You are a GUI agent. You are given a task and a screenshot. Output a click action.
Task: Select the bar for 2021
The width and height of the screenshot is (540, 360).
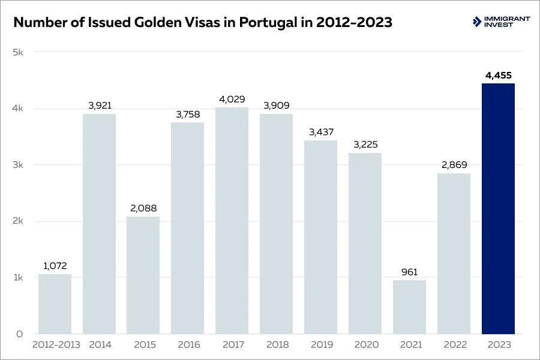[x=409, y=307]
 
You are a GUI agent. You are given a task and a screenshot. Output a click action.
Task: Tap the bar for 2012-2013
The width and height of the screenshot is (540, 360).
[x=55, y=304]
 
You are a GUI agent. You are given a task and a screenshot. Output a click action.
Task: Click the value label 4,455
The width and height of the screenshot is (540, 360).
[x=498, y=76]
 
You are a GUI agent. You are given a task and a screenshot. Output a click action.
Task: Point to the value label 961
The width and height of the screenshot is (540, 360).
[x=409, y=272]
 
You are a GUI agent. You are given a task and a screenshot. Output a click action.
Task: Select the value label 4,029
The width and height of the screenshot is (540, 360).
[x=232, y=99]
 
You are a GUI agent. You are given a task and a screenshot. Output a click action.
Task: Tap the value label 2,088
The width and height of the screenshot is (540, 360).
[x=143, y=209]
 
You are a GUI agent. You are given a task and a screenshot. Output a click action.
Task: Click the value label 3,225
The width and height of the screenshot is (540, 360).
[x=365, y=145]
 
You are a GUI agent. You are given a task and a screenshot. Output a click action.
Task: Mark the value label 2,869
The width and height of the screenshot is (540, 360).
[x=454, y=165]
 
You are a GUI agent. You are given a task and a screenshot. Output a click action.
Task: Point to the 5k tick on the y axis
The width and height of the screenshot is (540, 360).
[x=17, y=52]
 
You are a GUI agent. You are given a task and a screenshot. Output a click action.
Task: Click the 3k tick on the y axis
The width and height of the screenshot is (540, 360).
[x=17, y=165]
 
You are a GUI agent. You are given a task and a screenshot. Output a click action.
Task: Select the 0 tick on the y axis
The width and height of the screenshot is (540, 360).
[x=19, y=334]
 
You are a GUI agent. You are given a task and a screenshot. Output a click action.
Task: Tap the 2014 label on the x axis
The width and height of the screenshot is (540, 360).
[x=99, y=345]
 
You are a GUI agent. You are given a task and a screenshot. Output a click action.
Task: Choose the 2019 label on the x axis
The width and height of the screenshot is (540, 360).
[x=320, y=345]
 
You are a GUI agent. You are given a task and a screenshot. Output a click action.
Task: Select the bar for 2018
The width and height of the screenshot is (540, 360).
[x=276, y=224]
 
